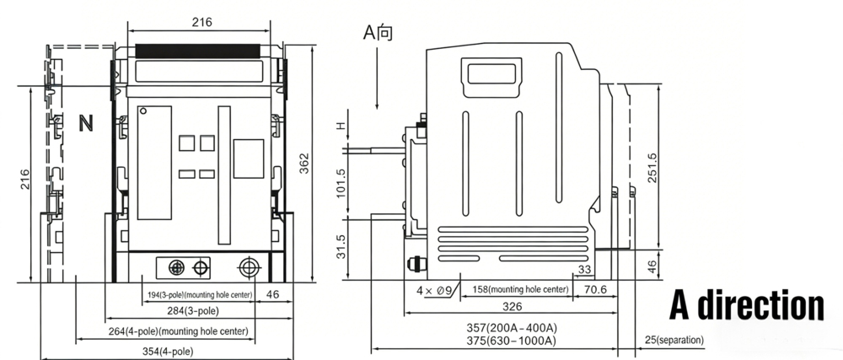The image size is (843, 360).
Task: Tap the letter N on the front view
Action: (85, 123)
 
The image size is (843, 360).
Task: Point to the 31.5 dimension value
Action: (341, 247)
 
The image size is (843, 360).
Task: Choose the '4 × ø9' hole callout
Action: (436, 290)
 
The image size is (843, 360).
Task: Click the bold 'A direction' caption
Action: (746, 305)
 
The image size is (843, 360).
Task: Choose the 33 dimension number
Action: (583, 270)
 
